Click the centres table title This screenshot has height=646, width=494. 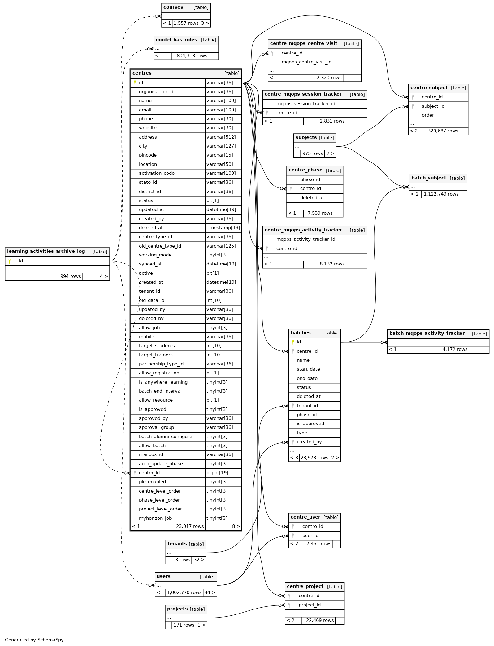(x=142, y=73)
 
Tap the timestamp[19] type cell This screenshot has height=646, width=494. (x=223, y=228)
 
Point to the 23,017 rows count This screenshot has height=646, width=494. (x=190, y=526)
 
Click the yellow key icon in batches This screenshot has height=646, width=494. (x=293, y=342)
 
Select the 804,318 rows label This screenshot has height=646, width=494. (x=192, y=56)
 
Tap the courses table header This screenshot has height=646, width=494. (x=173, y=7)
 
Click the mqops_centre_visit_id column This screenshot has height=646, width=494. (x=306, y=62)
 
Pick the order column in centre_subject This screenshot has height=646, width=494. (x=428, y=115)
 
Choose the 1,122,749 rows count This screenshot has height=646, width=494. (x=441, y=194)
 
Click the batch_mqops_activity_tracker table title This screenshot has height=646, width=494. (x=427, y=333)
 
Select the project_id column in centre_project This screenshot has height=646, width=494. (x=310, y=605)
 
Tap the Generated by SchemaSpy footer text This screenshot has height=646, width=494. (x=34, y=640)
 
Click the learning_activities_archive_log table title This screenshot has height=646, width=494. (x=46, y=251)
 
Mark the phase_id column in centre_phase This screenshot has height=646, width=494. (x=310, y=179)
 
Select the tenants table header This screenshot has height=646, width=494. (x=177, y=544)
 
